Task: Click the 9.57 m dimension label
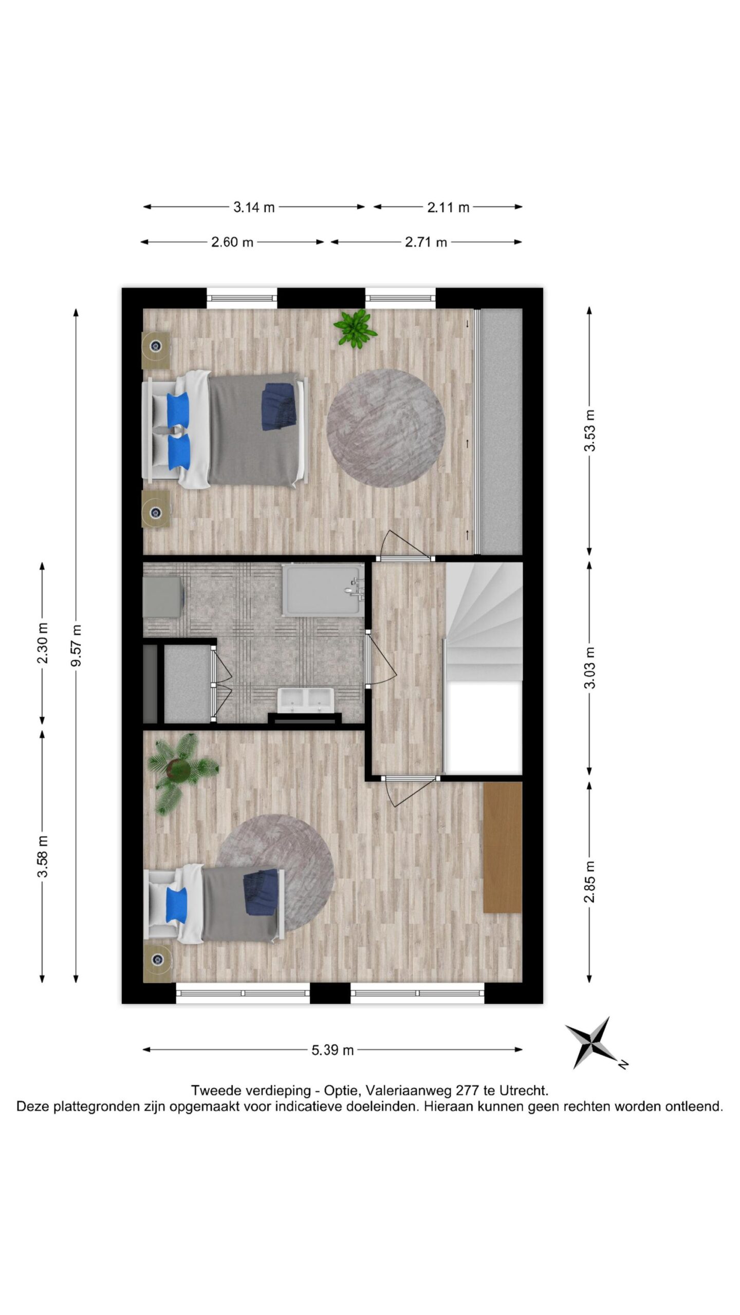click(77, 645)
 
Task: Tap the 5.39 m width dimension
click(332, 1050)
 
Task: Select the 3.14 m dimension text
click(254, 207)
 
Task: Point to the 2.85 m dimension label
click(589, 881)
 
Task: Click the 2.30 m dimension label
click(43, 643)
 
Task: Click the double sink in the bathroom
click(306, 700)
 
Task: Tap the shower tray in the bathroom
click(323, 589)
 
